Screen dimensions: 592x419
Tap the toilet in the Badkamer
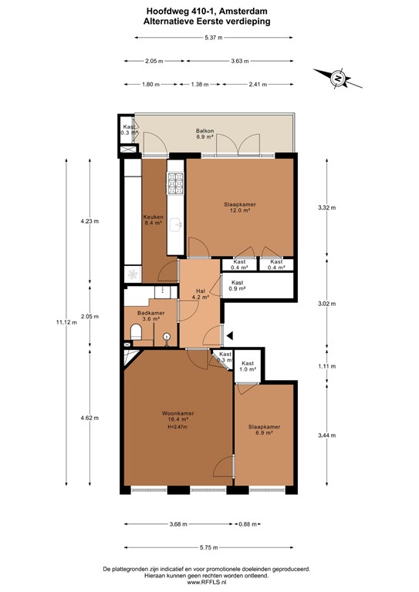click(x=136, y=332)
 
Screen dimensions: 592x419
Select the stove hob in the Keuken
click(x=175, y=183)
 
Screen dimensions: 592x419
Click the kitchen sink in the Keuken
click(x=176, y=224)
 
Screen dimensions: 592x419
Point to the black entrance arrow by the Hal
click(x=228, y=334)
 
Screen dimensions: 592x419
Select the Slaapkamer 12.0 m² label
click(x=240, y=208)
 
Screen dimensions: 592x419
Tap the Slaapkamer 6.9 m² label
click(x=264, y=430)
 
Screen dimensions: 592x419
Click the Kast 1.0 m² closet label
click(x=248, y=367)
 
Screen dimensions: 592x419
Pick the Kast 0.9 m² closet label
click(x=237, y=285)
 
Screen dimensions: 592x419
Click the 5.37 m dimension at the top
click(x=209, y=38)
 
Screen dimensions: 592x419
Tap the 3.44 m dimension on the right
click(x=327, y=436)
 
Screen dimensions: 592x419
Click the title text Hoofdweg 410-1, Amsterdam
click(x=209, y=12)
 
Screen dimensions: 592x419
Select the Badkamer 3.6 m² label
click(x=150, y=316)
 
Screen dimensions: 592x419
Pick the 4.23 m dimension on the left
click(x=90, y=221)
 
